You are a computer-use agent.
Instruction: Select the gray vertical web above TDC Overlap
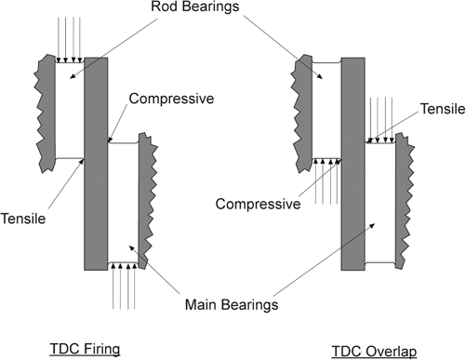coord(353,163)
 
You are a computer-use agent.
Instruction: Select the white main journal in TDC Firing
coord(123,200)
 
